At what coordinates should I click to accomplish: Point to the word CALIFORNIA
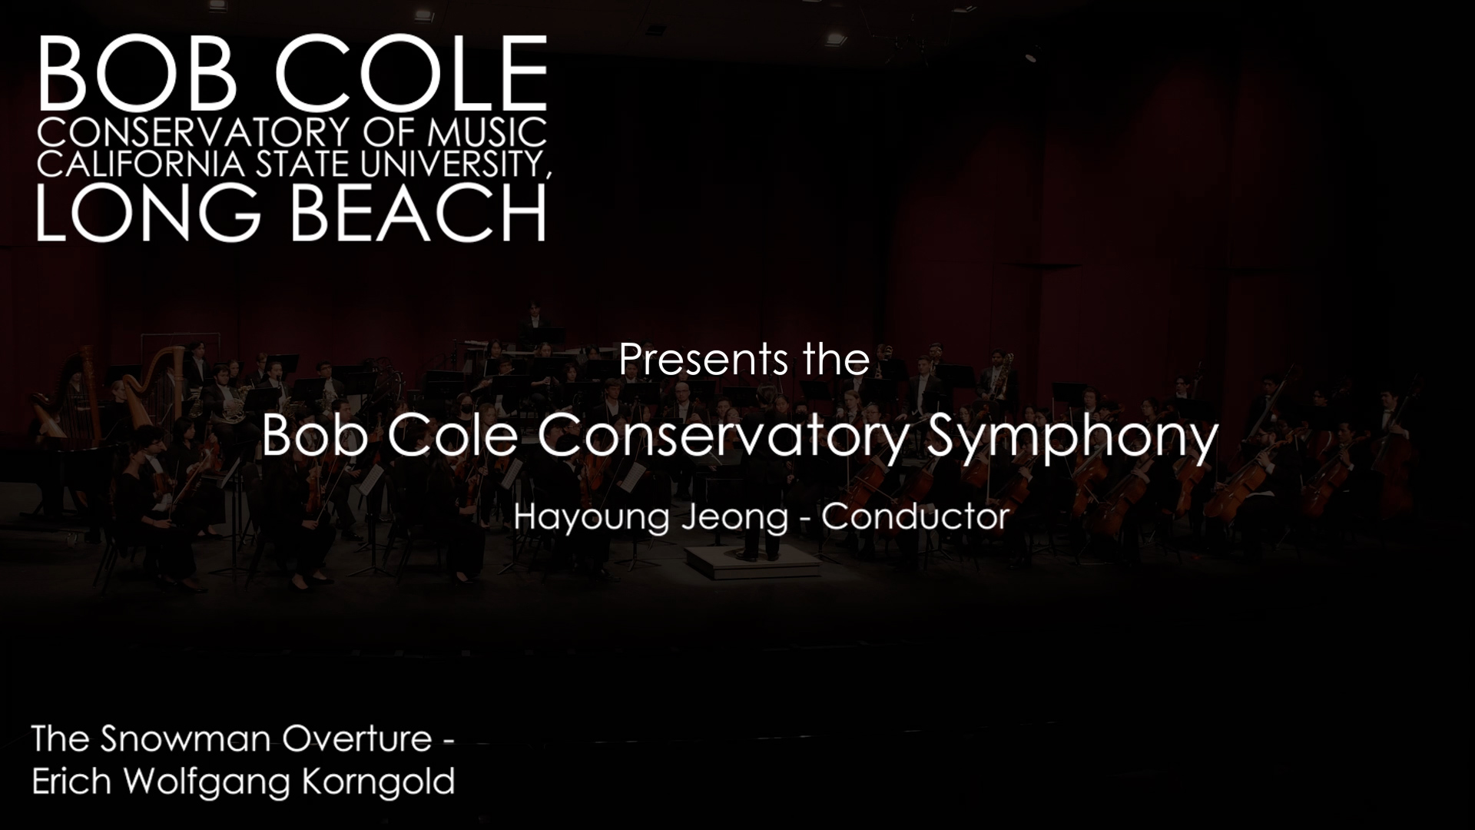[141, 164]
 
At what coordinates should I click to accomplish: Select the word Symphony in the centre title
[1073, 438]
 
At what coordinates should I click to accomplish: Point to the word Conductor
[915, 516]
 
